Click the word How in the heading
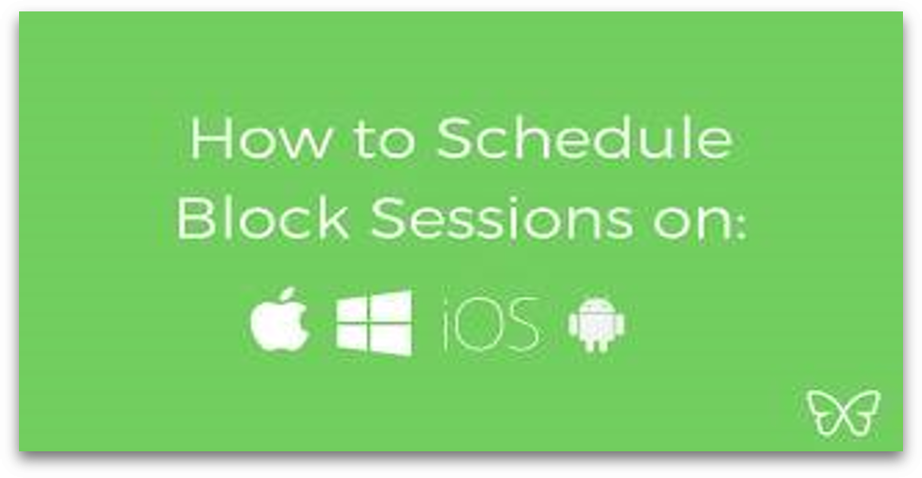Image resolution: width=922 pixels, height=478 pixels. pos(261,139)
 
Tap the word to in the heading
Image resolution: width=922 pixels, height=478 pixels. pos(383,140)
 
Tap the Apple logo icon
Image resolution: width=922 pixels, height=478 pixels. pos(280,321)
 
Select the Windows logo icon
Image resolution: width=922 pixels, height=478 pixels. pos(374,323)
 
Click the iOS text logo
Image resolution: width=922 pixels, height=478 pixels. pos(490,325)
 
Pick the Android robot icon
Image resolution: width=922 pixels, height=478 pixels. pos(597,325)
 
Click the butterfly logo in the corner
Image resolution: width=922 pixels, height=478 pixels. pos(844,413)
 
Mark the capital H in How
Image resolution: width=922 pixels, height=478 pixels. pos(211,139)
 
